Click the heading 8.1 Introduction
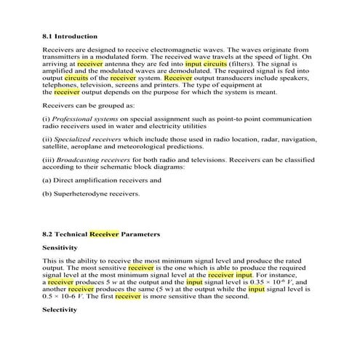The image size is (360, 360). [x=70, y=35]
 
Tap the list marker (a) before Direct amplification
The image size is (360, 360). [x=48, y=179]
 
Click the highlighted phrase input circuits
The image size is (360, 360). [x=206, y=63]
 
